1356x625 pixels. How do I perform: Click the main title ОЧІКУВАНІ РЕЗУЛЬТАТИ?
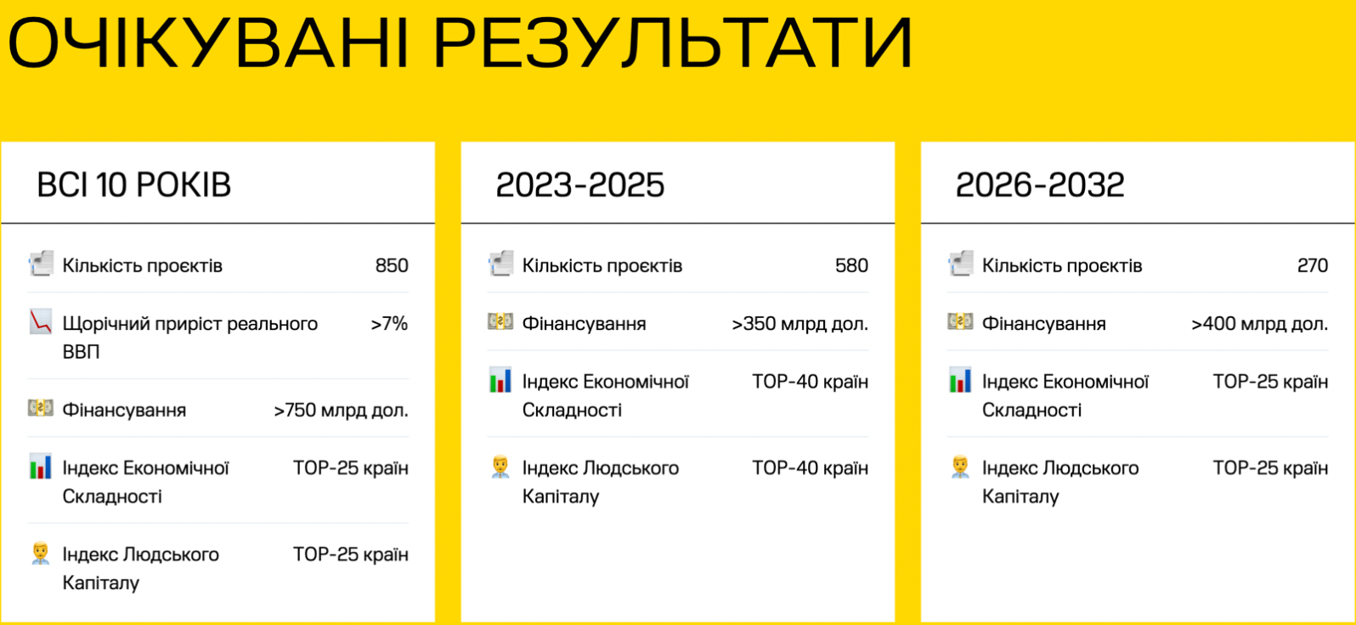coord(460,43)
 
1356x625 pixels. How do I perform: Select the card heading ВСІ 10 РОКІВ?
coord(133,185)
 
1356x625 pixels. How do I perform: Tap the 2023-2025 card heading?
coord(580,185)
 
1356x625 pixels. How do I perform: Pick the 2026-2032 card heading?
coord(1039,185)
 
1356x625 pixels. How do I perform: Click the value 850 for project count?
coord(392,265)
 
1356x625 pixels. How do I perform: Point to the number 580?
coord(851,265)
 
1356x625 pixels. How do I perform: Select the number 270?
coord(1313,265)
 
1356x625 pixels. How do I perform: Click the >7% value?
coord(389,324)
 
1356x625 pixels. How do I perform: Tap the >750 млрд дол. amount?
coord(341,411)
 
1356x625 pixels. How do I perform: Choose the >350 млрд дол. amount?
coord(799,324)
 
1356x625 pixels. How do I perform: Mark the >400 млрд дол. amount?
coord(1260,324)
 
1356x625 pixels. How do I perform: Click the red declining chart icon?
coord(41,321)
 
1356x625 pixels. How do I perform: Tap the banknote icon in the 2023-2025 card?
coord(500,321)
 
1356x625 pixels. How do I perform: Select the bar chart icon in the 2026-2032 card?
coord(960,380)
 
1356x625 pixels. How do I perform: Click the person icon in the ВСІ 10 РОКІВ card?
coord(41,553)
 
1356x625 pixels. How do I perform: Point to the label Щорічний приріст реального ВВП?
coord(190,338)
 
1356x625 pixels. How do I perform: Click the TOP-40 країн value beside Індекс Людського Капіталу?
coord(810,469)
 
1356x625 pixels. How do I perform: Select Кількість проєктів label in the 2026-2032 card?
coord(1062,265)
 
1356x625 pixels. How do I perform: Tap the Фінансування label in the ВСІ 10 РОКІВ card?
coord(124,411)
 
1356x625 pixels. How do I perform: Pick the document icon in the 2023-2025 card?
coord(500,264)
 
